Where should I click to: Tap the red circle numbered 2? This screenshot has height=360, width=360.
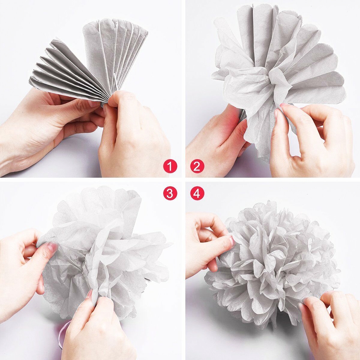(197, 166)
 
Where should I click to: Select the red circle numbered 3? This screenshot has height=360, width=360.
(170, 194)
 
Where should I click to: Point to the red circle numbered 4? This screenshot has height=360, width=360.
(197, 194)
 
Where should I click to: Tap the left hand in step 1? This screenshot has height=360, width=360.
(47, 126)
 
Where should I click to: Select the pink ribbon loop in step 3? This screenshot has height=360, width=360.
(62, 333)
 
